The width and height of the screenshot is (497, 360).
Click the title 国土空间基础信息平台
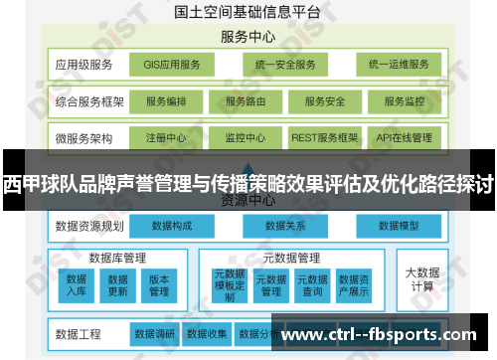coord(248,13)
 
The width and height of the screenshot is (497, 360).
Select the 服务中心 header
coord(248,38)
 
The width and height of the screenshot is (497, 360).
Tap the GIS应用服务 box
coord(172,65)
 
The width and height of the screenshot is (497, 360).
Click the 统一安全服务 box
coord(283,65)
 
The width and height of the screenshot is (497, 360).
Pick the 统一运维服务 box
coord(398,65)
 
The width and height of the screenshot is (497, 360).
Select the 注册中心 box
coord(166,137)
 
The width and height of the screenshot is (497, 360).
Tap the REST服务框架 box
coord(325,137)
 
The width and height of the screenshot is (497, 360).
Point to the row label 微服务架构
coord(84,137)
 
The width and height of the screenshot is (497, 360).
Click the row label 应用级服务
coord(84,65)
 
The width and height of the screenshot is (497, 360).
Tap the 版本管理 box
coord(160,285)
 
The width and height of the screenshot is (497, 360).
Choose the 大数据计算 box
coord(422,278)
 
